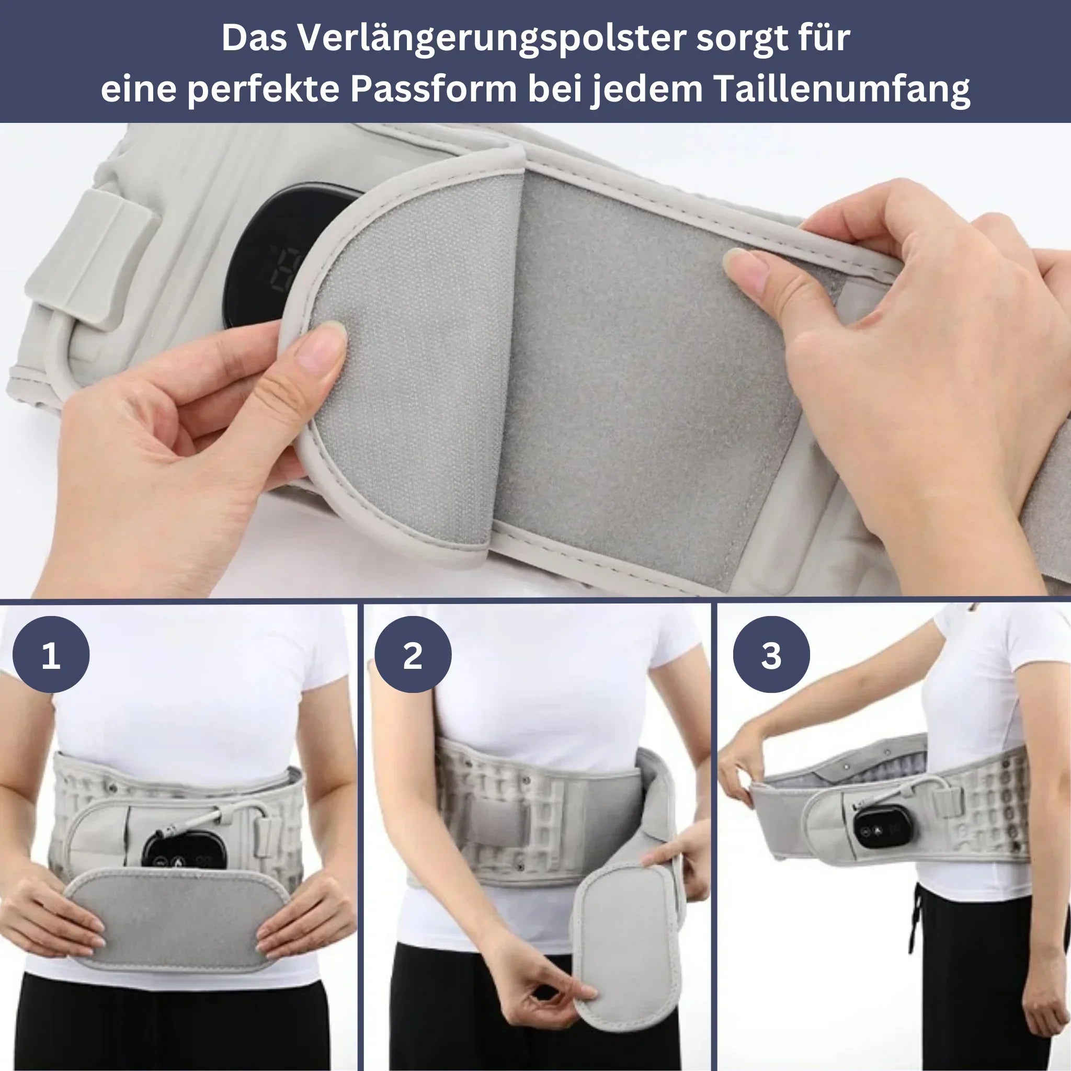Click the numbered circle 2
(x=413, y=655)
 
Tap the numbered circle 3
(x=771, y=655)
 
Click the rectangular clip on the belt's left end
(x=92, y=260)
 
